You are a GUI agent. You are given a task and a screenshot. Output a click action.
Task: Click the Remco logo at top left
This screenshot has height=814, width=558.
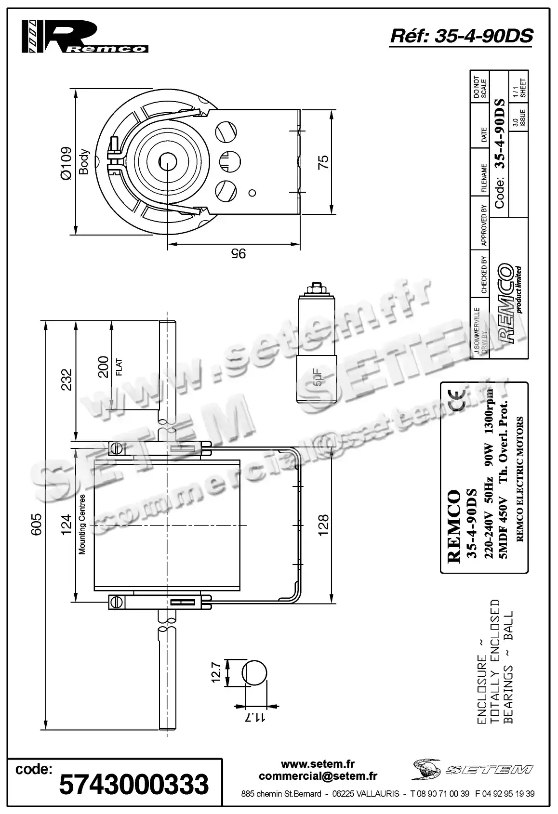pos(85,36)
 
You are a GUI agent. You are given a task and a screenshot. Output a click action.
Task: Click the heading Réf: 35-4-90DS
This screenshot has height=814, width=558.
pos(461,36)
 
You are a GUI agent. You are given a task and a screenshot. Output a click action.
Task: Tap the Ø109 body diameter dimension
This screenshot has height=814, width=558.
pos(66,163)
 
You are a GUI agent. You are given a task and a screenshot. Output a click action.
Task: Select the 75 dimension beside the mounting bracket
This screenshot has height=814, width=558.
pos(324,161)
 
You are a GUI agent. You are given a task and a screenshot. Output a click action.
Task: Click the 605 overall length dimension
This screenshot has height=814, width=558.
pos(37,524)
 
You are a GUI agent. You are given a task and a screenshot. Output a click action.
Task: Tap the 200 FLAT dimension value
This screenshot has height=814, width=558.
pos(103,367)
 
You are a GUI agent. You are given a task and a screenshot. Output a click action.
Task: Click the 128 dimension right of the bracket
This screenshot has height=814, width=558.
pos(323,525)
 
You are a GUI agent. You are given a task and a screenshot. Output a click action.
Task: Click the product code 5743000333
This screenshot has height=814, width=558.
pos(134,784)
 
